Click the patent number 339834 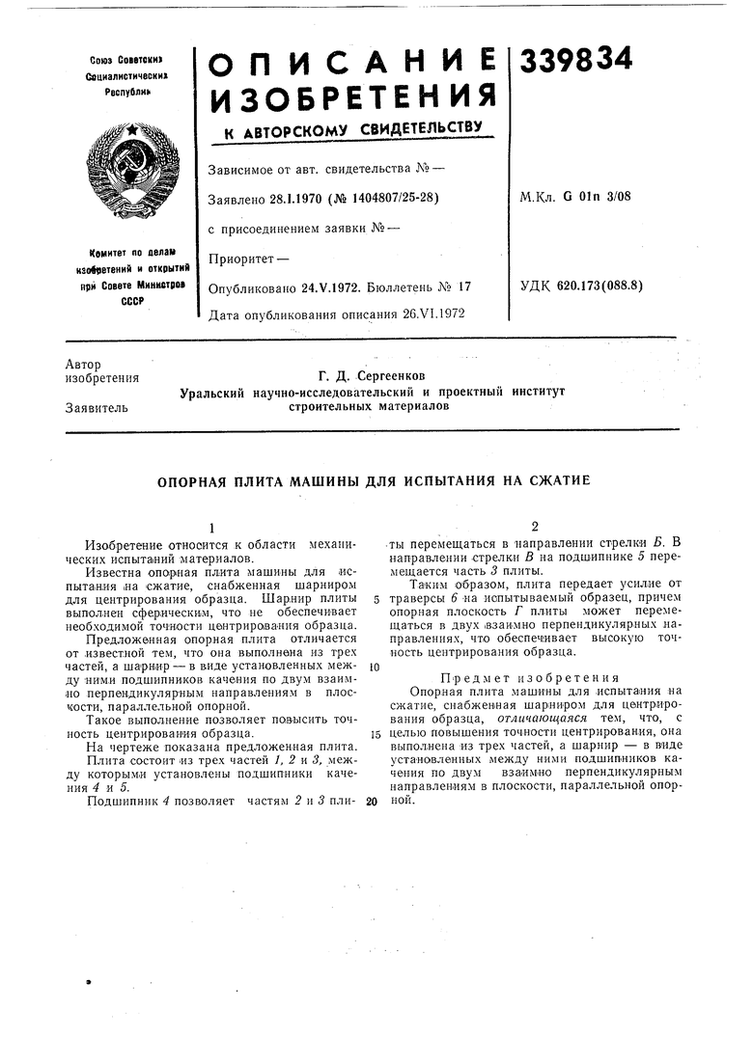pos(576,60)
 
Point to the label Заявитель pos(97,408)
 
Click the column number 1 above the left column pos(212,527)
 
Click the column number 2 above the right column pos(533,526)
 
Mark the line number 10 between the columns pos(373,668)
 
